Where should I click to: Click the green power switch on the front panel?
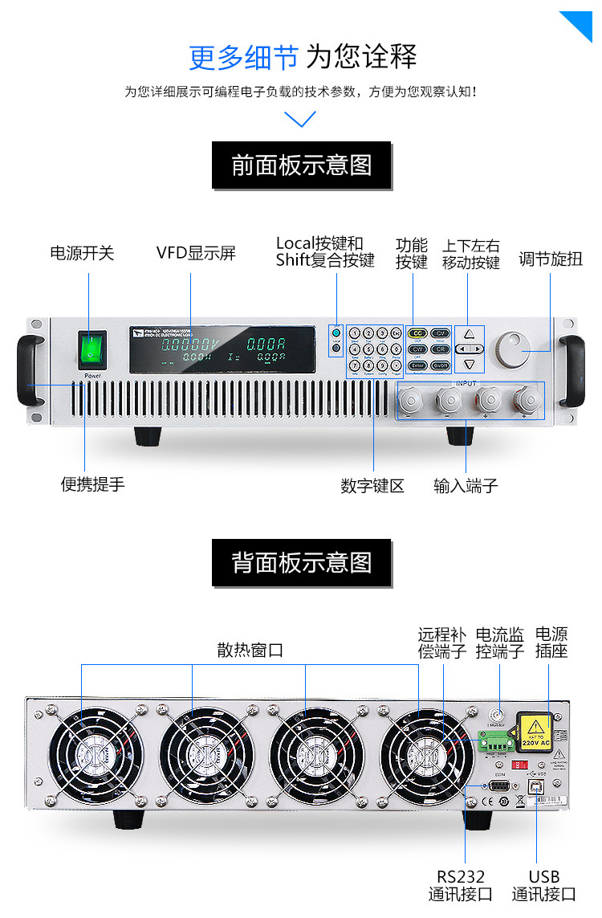(x=93, y=348)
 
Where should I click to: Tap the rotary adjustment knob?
(x=514, y=349)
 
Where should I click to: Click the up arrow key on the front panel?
(x=470, y=333)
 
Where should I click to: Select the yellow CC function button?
(x=417, y=333)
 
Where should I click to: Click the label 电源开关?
(x=82, y=254)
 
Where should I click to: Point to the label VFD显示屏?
(x=196, y=254)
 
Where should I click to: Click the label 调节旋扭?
(x=550, y=259)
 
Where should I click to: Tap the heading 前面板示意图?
(x=301, y=165)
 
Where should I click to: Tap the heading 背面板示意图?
(x=301, y=562)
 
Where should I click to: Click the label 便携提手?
(x=93, y=484)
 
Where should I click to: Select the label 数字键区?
(x=372, y=486)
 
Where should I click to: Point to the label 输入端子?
(x=466, y=486)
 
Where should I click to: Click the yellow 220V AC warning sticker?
(x=533, y=730)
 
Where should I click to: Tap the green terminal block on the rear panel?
(x=494, y=741)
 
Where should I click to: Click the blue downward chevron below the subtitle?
(x=301, y=119)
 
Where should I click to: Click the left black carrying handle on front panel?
(x=30, y=369)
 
